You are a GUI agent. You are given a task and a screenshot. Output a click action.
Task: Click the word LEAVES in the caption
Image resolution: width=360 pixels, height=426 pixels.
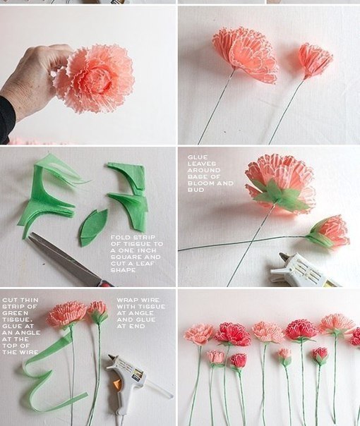(x=201, y=164)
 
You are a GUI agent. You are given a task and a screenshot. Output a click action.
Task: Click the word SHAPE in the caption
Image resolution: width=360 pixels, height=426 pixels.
(x=123, y=270)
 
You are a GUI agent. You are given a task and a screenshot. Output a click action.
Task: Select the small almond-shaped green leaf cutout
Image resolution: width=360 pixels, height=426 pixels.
(x=92, y=228)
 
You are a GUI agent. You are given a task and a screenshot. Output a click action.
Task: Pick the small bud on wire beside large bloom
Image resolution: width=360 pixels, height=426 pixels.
(x=315, y=61)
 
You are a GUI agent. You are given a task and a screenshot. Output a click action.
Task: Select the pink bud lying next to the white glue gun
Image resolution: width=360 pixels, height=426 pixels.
(x=328, y=231)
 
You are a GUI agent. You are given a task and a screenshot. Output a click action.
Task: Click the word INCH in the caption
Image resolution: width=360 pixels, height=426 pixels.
(x=146, y=250)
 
